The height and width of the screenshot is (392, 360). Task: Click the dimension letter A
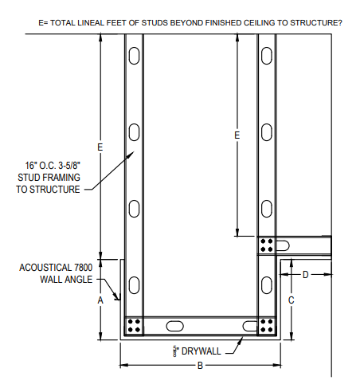coord(100,300)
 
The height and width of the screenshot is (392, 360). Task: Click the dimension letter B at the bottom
coord(200,366)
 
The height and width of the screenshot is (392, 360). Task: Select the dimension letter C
coord(292,300)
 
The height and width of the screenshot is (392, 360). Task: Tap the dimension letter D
coord(306,275)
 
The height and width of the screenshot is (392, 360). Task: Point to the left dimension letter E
coord(100,147)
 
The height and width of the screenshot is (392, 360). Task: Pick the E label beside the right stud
coord(237,135)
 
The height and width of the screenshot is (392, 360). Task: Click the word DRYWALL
coord(202,351)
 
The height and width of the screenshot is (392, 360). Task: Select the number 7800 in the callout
coord(83,268)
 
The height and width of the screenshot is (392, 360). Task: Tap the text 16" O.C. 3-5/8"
coord(53,166)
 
